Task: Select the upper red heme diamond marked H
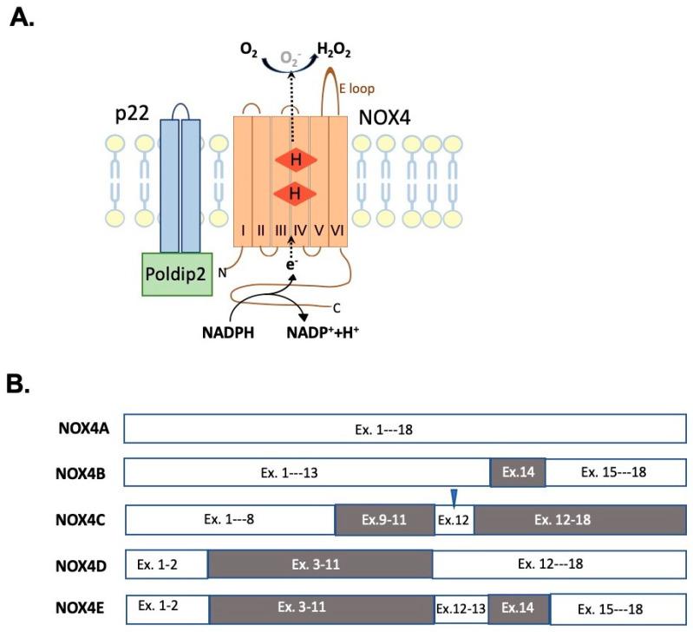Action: tap(295, 161)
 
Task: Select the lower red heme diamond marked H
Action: tap(295, 194)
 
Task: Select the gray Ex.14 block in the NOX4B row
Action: tap(518, 472)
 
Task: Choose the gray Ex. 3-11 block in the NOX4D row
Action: tap(320, 563)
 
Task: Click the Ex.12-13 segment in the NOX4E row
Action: tap(460, 607)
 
